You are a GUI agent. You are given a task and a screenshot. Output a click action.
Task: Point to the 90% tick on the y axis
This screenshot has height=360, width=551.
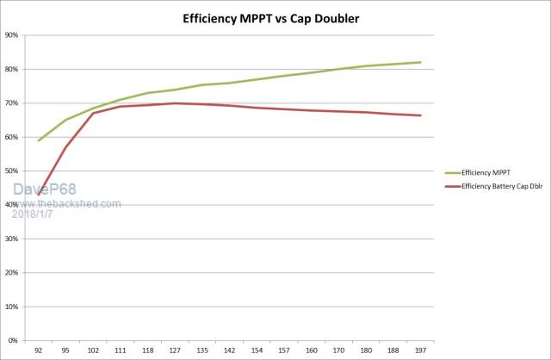12,35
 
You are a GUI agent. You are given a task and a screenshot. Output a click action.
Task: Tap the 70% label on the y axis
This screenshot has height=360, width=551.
12,103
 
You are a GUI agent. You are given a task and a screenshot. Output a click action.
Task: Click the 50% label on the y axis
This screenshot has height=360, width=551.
12,171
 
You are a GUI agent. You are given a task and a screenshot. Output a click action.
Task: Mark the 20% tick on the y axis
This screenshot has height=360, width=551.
12,273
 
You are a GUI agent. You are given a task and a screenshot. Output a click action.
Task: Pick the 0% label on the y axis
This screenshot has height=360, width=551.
14,341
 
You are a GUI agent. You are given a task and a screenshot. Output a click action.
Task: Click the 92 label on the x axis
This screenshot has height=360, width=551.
38,351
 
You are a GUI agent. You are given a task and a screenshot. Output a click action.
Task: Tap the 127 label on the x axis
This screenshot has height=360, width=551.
175,351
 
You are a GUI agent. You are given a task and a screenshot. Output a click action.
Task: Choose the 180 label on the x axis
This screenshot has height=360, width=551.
366,351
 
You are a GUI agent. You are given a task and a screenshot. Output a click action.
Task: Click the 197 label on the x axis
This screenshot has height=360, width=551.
420,351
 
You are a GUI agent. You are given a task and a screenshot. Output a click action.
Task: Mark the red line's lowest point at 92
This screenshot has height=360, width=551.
39,195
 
